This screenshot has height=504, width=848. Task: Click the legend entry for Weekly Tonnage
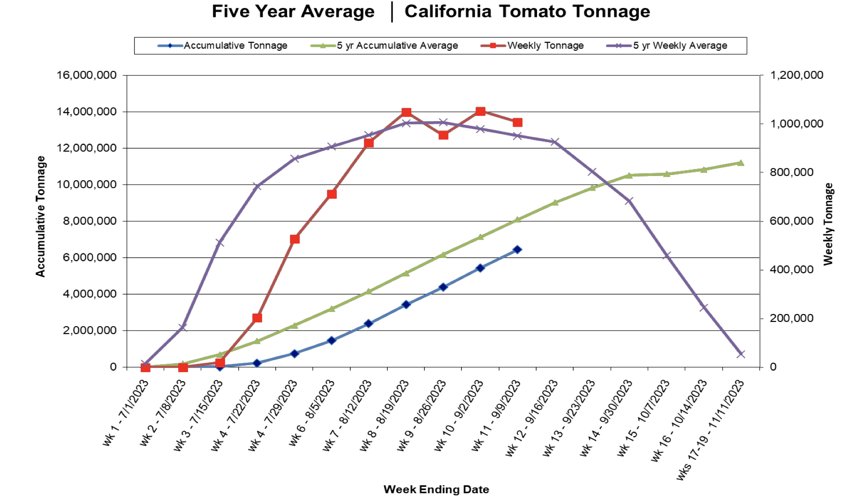pyautogui.click(x=545, y=46)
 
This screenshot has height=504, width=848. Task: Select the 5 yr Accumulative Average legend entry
pyautogui.click(x=397, y=46)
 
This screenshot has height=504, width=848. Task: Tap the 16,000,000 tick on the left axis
pyautogui.click(x=87, y=75)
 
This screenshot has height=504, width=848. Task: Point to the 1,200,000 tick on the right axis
pyautogui.click(x=797, y=75)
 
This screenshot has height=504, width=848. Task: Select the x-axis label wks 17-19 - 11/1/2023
pyautogui.click(x=710, y=430)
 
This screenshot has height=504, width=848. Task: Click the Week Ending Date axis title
pyautogui.click(x=436, y=489)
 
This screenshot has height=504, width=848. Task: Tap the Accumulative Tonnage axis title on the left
pyautogui.click(x=41, y=216)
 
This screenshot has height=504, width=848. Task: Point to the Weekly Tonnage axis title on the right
pyautogui.click(x=829, y=224)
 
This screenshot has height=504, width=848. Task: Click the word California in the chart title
pyautogui.click(x=448, y=11)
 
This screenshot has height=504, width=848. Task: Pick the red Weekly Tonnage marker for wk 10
pyautogui.click(x=480, y=111)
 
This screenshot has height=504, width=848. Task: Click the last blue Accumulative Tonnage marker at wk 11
pyautogui.click(x=517, y=250)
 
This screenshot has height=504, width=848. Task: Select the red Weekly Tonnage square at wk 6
pyautogui.click(x=332, y=194)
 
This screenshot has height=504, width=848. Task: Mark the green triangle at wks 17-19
pyautogui.click(x=741, y=163)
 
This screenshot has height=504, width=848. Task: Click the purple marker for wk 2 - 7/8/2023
pyautogui.click(x=183, y=327)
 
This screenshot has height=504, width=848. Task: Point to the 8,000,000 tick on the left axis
pyautogui.click(x=90, y=221)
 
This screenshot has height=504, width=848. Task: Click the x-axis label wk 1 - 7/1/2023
pyautogui.click(x=126, y=412)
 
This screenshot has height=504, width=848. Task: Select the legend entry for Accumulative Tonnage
pyautogui.click(x=235, y=46)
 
